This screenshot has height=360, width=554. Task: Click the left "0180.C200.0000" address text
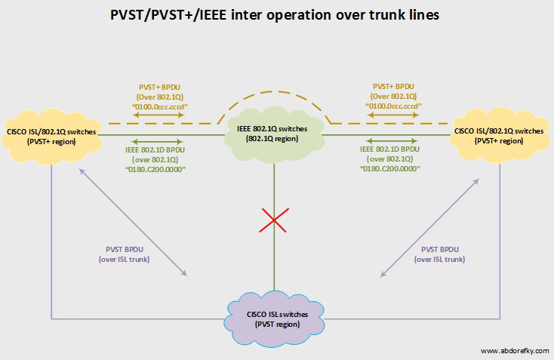(x=157, y=168)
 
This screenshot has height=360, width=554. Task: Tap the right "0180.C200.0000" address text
(x=391, y=168)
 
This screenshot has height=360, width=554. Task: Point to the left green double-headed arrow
(x=157, y=141)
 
